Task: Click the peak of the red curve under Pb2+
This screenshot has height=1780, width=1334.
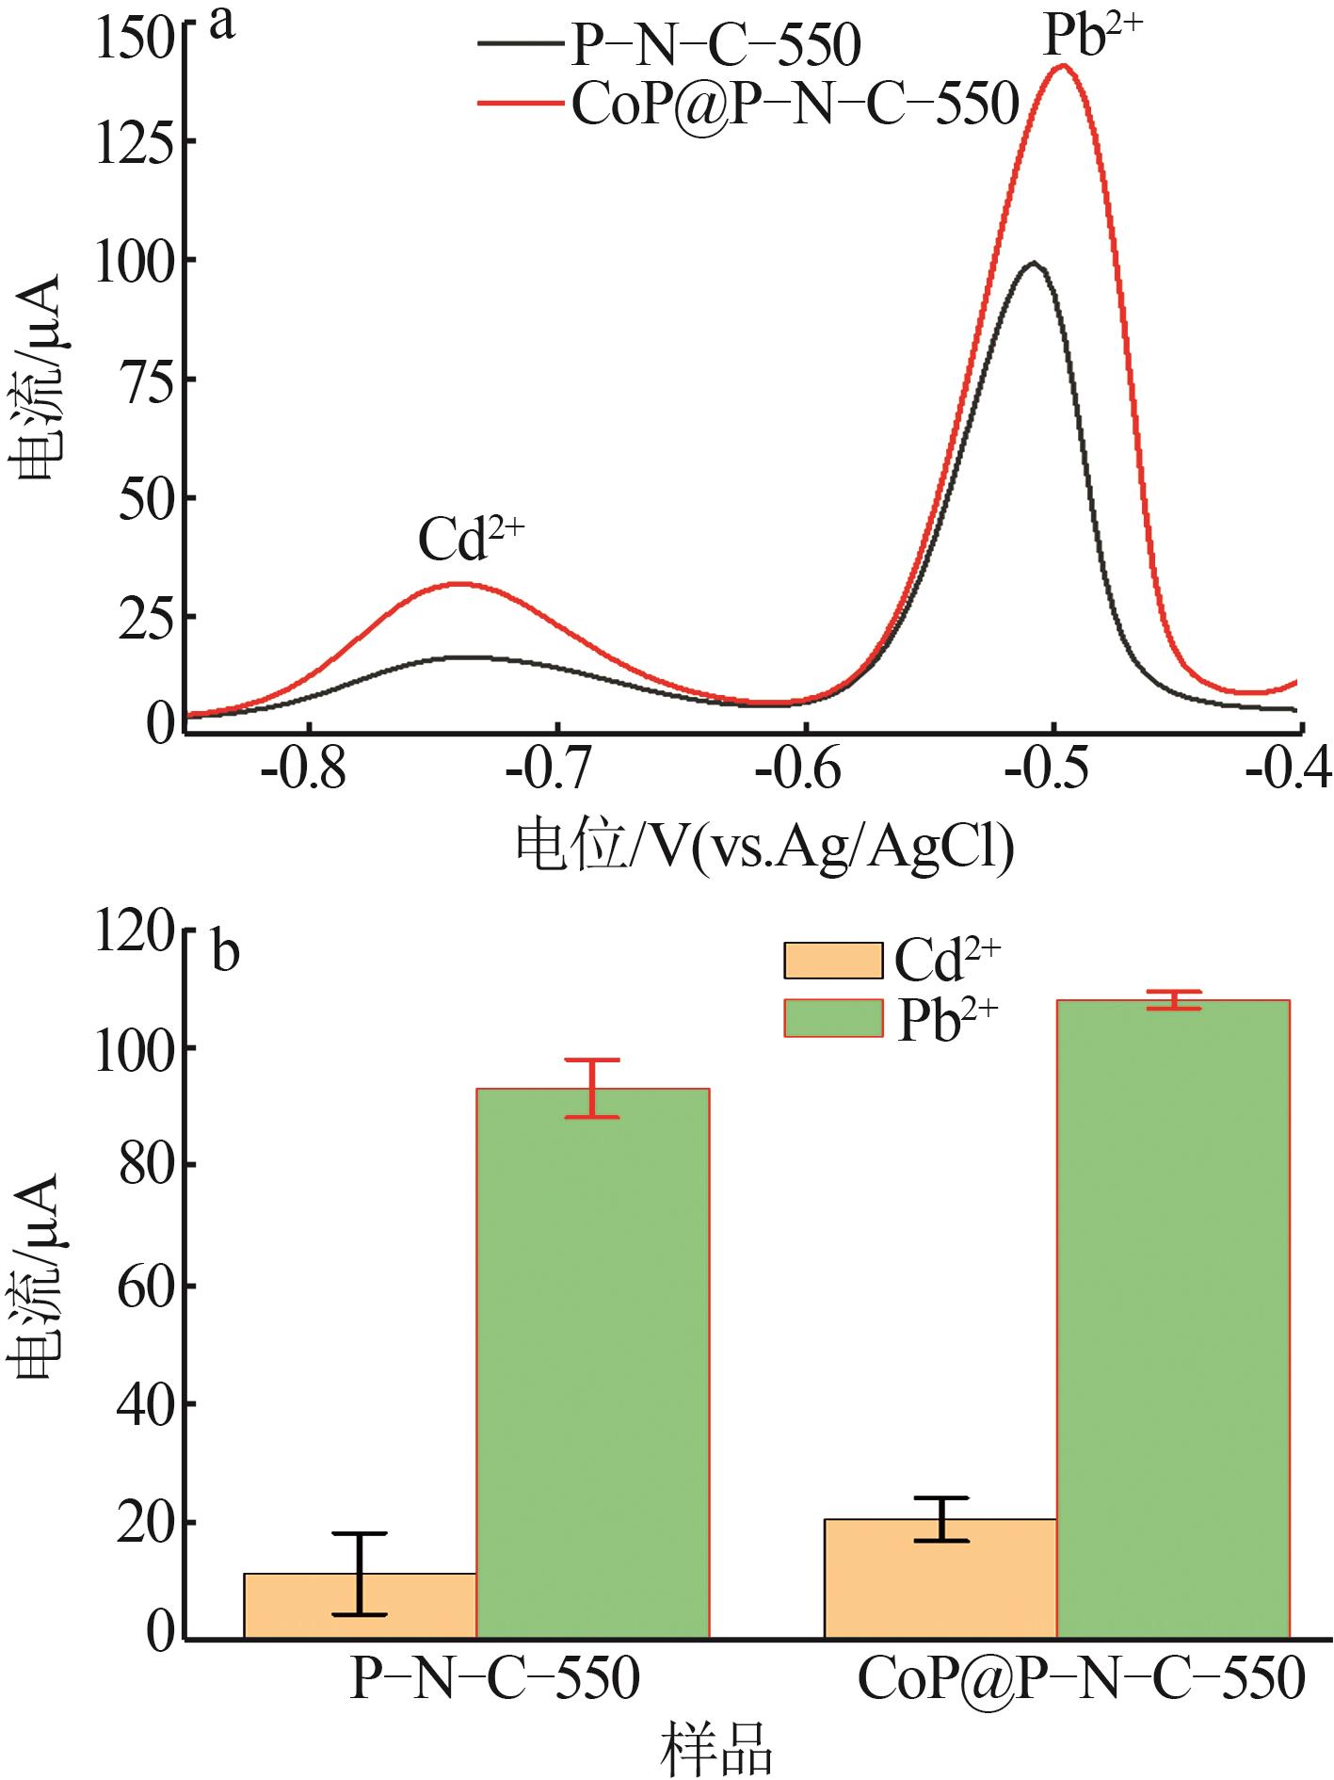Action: pos(1063,66)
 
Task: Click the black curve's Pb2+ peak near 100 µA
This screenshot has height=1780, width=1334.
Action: pos(1034,263)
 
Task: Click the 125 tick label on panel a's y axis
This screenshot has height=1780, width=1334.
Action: pos(145,142)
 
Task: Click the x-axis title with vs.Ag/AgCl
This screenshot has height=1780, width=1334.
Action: pos(764,845)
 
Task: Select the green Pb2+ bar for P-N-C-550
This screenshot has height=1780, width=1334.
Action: pos(592,1366)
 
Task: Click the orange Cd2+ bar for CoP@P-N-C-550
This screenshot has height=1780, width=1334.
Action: pos(940,1582)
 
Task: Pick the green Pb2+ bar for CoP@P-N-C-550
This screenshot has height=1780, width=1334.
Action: pos(1173,1319)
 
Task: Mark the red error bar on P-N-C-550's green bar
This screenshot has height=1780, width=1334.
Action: pos(592,1089)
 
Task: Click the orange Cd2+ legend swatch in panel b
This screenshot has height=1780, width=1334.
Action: pos(833,960)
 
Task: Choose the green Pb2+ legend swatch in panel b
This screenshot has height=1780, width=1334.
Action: pos(833,1018)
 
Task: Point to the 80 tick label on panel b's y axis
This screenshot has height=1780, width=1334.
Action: pos(145,1165)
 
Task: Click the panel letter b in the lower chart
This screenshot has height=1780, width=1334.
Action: pos(225,952)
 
